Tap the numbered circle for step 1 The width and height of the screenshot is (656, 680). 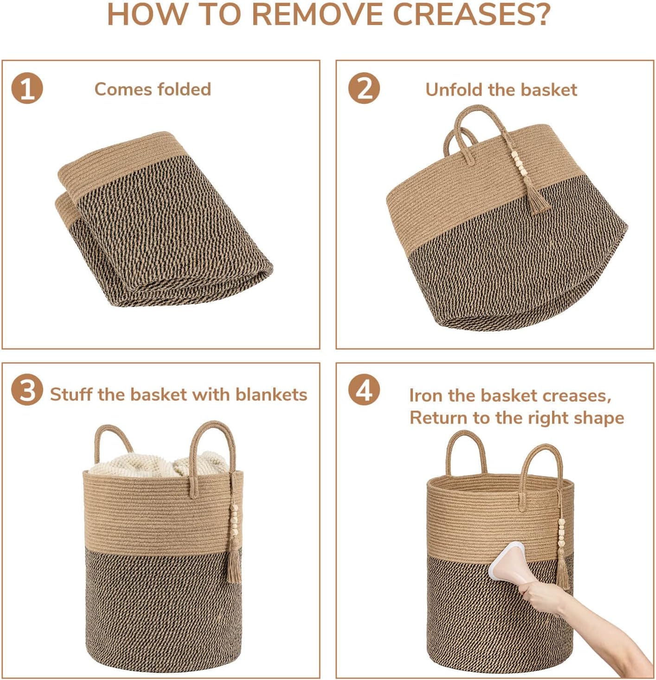[27, 89]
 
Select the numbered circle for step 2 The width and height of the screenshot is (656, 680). [364, 89]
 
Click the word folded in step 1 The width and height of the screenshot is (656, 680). [183, 89]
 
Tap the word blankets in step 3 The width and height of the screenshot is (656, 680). [271, 394]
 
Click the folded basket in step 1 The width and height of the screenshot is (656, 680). [164, 219]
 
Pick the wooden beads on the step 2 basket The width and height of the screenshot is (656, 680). [521, 164]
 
